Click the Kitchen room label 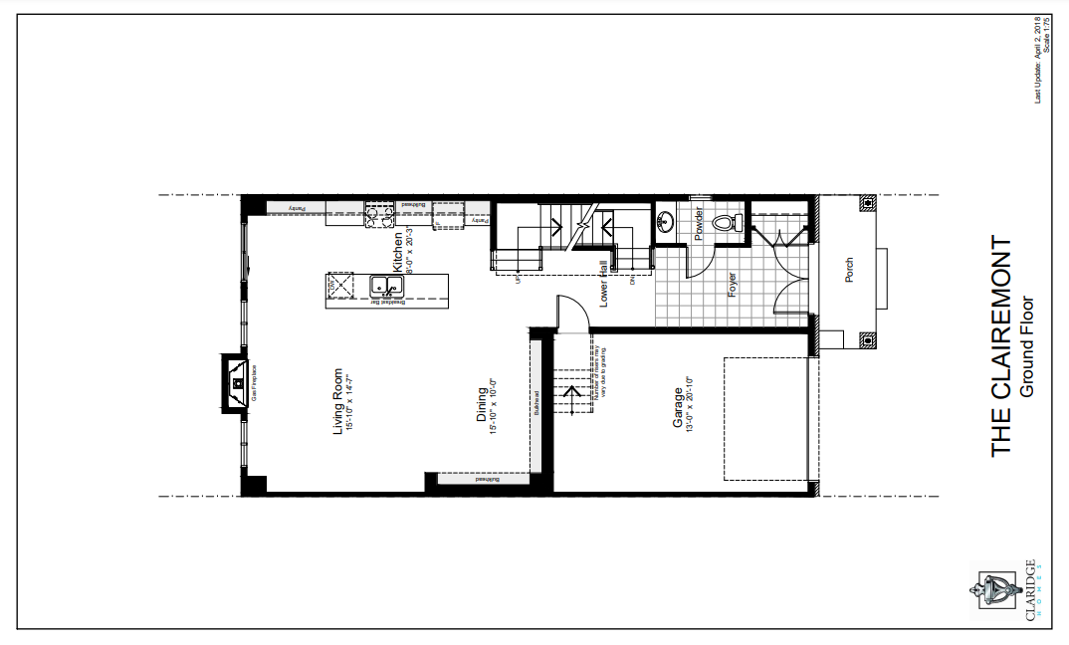click(x=397, y=253)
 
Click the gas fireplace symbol click(x=236, y=381)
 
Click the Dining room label click(x=482, y=405)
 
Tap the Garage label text click(x=678, y=408)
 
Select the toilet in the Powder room click(x=738, y=223)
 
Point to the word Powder click(x=700, y=223)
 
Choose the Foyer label click(x=732, y=286)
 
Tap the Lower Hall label click(x=604, y=283)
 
